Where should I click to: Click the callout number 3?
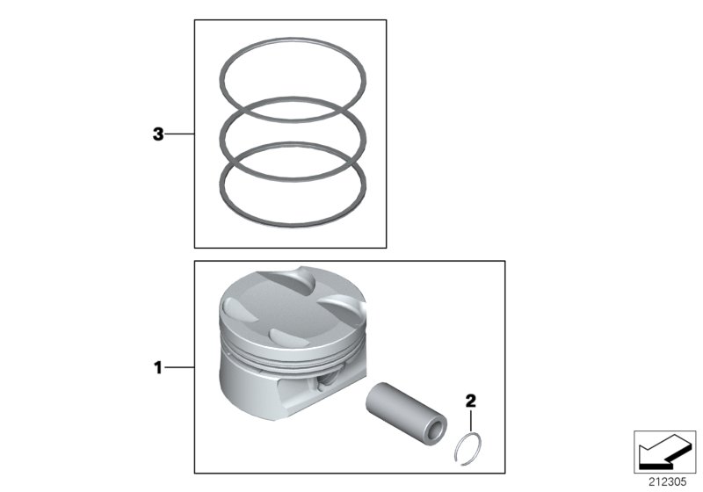click(x=158, y=134)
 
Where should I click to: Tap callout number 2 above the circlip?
click(x=470, y=402)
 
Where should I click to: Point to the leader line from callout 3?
click(x=179, y=134)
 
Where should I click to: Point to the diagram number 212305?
click(x=670, y=480)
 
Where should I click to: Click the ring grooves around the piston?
click(x=290, y=356)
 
